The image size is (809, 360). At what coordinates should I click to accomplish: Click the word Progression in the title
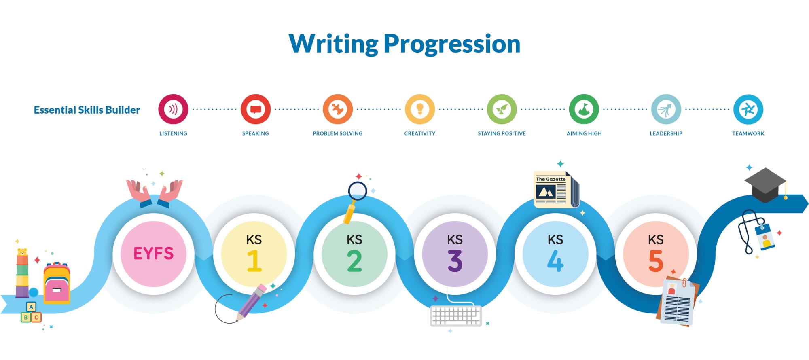[452, 44]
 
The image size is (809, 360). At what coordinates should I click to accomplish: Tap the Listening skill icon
[173, 109]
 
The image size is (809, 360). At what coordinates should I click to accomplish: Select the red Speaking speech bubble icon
[256, 109]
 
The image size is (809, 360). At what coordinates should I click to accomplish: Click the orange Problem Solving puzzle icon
[338, 109]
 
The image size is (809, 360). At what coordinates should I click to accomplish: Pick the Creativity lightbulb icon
[420, 109]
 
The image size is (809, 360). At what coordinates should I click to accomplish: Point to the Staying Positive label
[502, 133]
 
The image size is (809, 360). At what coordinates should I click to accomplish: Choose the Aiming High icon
[584, 109]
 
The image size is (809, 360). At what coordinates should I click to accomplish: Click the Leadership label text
[666, 133]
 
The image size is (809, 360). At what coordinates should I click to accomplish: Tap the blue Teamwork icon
[748, 109]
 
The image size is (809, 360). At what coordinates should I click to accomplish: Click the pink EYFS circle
[154, 254]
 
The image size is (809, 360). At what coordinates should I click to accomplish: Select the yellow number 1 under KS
[254, 260]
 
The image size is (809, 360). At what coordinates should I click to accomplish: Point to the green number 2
[354, 261]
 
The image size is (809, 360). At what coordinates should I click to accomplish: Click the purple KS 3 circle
[455, 254]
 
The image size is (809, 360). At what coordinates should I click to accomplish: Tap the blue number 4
[555, 261]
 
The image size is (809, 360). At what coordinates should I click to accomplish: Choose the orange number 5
[656, 261]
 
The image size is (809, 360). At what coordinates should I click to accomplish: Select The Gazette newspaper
[557, 190]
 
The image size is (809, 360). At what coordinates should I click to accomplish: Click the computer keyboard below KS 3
[456, 316]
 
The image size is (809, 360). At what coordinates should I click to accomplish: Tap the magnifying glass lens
[358, 191]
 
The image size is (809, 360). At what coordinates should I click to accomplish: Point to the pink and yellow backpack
[57, 283]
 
